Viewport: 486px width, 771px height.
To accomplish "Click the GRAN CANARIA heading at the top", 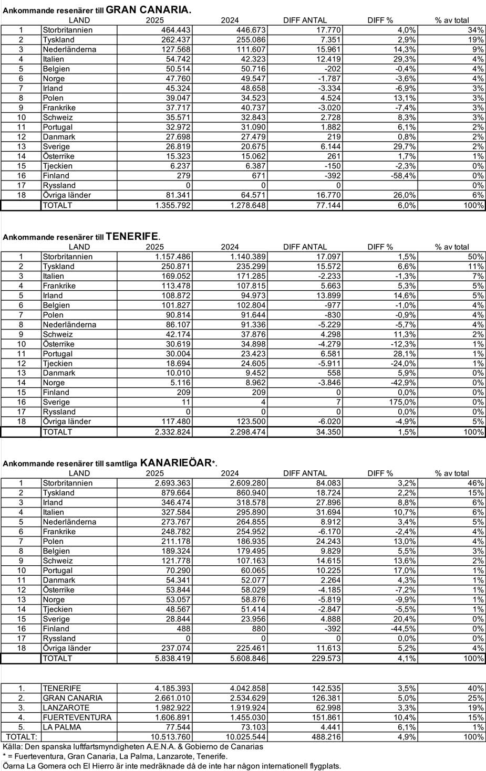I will (148, 9).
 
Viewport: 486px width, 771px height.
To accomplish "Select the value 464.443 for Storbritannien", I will (175, 30).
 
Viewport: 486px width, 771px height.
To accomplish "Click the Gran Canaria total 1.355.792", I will (173, 205).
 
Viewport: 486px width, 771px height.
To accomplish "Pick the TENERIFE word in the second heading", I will (132, 236).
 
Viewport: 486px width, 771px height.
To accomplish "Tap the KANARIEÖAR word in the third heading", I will (175, 462).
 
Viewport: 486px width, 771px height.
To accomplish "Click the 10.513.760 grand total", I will (170, 737).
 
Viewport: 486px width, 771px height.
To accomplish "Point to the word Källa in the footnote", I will (12, 746).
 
